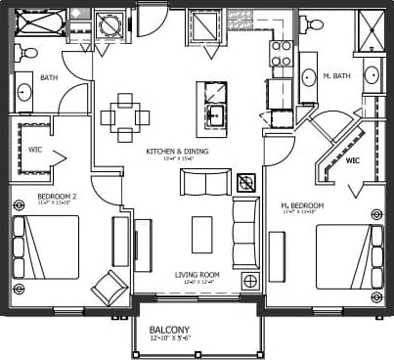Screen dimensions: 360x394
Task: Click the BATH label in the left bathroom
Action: click(x=49, y=77)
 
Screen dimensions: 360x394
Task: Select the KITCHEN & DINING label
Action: click(x=175, y=152)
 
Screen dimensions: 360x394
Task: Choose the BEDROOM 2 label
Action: click(x=56, y=197)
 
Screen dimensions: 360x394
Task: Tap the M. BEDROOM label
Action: click(x=302, y=205)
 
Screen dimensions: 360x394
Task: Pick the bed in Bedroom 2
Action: click(x=48, y=247)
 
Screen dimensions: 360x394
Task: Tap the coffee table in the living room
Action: click(x=202, y=234)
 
